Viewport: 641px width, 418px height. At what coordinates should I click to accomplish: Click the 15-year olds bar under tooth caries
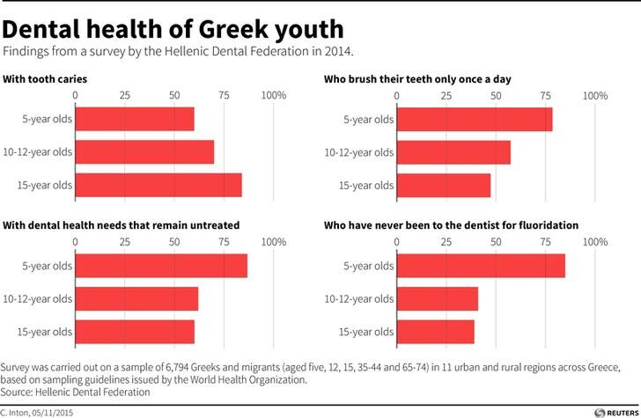pyautogui.click(x=158, y=185)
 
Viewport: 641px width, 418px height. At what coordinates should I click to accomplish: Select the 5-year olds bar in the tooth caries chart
pyautogui.click(x=135, y=119)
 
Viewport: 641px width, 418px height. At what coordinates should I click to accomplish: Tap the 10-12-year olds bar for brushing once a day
pyautogui.click(x=453, y=152)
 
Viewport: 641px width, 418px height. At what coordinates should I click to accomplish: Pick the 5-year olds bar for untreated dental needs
pyautogui.click(x=161, y=266)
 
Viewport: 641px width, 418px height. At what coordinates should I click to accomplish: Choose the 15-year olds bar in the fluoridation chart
pyautogui.click(x=436, y=332)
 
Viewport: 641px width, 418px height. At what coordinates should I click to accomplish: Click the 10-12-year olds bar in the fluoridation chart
pyautogui.click(x=438, y=298)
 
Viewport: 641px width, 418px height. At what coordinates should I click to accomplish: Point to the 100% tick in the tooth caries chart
pyautogui.click(x=274, y=95)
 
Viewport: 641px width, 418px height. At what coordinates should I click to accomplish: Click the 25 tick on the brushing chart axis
pyautogui.click(x=446, y=96)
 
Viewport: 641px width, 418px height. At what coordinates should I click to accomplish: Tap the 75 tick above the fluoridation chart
pyautogui.click(x=545, y=242)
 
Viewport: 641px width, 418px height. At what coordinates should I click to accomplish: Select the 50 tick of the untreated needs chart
pyautogui.click(x=174, y=242)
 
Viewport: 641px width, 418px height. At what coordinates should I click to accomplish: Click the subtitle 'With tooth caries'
pyautogui.click(x=45, y=79)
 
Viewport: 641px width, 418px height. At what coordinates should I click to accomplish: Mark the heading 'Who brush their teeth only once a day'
pyautogui.click(x=417, y=79)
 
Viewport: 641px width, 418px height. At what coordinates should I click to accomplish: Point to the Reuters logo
pyautogui.click(x=616, y=413)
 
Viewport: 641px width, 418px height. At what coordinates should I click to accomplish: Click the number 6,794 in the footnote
pyautogui.click(x=177, y=367)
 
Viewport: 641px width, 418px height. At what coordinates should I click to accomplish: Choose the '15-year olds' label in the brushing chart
pyautogui.click(x=366, y=186)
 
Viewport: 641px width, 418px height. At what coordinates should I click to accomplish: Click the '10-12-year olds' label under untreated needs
pyautogui.click(x=38, y=298)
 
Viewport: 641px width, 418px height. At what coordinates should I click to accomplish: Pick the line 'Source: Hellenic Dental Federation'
pyautogui.click(x=75, y=392)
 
